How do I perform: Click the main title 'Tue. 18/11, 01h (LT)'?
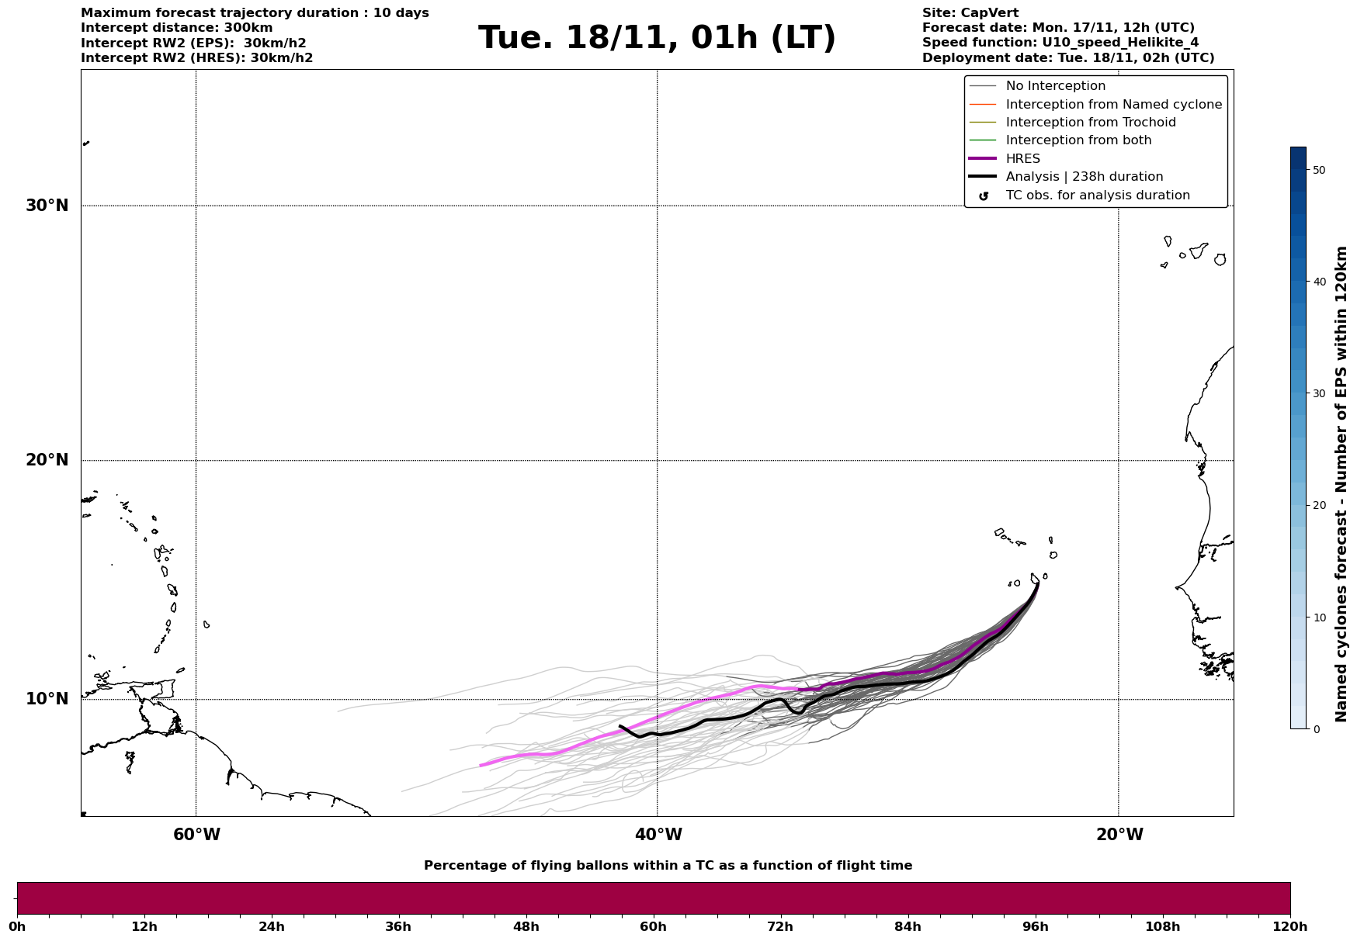657,38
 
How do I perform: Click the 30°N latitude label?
47,206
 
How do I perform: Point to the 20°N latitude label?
47,460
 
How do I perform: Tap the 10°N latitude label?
47,699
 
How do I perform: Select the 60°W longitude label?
196,835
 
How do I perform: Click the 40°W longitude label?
658,835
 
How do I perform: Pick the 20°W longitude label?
1119,835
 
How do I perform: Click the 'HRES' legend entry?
1022,159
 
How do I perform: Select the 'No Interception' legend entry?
1055,86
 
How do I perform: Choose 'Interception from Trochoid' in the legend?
1090,123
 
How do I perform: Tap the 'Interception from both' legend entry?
1078,140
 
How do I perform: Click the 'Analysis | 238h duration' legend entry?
1084,177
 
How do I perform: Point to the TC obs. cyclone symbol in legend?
984,196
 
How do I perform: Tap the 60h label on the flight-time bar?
653,926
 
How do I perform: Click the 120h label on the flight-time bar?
1289,926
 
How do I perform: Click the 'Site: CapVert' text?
970,13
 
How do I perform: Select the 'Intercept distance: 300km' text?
176,28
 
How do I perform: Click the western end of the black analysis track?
620,726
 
